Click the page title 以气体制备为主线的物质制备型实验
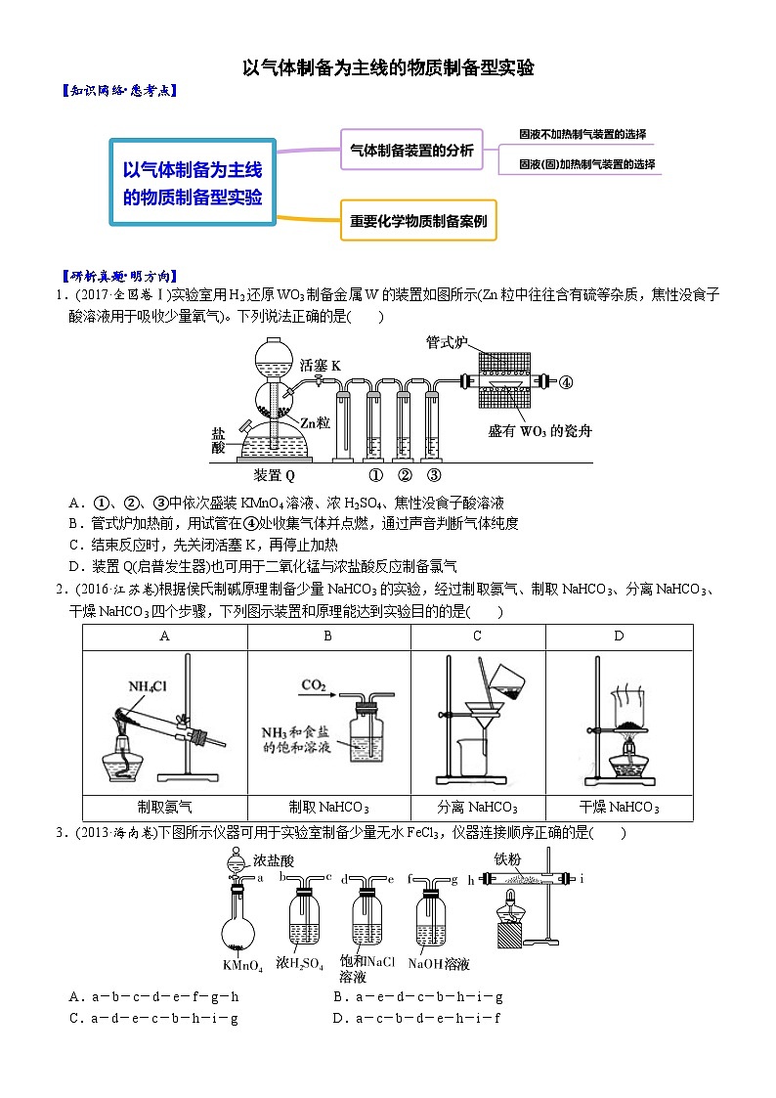388,67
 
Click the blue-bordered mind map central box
193,182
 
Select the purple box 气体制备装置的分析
411,150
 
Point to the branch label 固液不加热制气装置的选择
582,134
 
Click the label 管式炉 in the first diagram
448,342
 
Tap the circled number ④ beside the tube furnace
565,382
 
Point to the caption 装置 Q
275,476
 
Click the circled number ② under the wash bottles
405,476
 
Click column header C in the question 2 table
477,637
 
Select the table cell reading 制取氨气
165,807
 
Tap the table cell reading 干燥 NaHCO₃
619,807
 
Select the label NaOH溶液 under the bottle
439,964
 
